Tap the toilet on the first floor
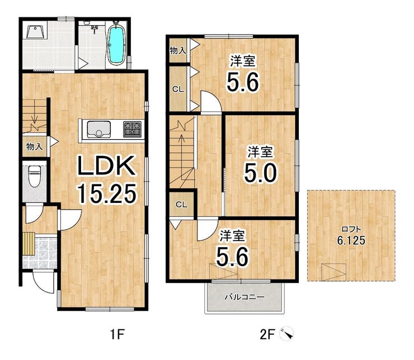pyautogui.click(x=34, y=176)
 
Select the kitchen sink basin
pyautogui.click(x=98, y=129)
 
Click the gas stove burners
pyautogui.click(x=132, y=129)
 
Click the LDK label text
pyautogui.click(x=106, y=165)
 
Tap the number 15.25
pyautogui.click(x=106, y=193)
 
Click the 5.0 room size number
pyautogui.click(x=260, y=173)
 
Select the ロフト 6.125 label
pyautogui.click(x=351, y=235)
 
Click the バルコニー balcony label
pyautogui.click(x=244, y=297)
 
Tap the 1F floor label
pyautogui.click(x=117, y=335)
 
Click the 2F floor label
pyautogui.click(x=267, y=335)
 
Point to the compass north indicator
pyautogui.click(x=287, y=334)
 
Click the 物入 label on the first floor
pyautogui.click(x=34, y=146)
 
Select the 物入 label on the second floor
pyautogui.click(x=177, y=50)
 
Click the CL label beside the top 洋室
pyautogui.click(x=178, y=89)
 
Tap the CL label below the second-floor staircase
pyautogui.click(x=182, y=205)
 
